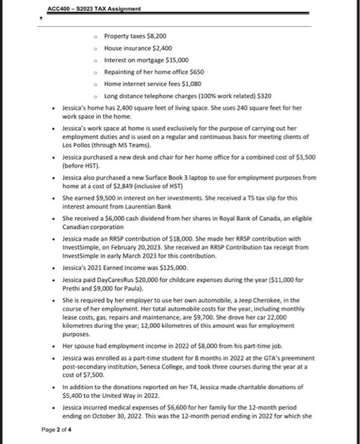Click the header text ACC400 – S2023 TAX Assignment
pos(94,8)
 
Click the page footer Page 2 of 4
pos(57,429)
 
